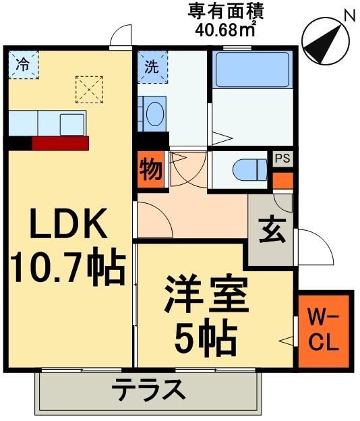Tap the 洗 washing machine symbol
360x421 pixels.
(x=151, y=65)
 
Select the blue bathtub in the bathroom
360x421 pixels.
(x=252, y=69)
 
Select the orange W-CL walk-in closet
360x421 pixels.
(x=325, y=331)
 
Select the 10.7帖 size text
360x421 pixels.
(x=67, y=268)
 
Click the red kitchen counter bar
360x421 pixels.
(x=60, y=143)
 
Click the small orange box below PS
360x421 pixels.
(x=283, y=181)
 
